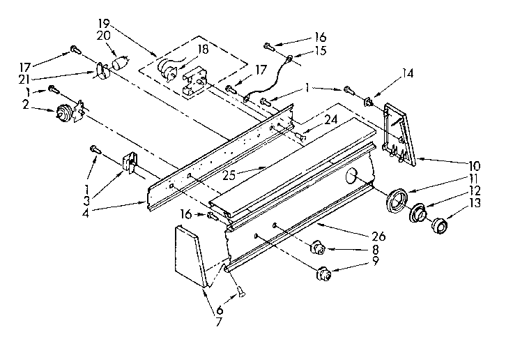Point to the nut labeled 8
(317, 246)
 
